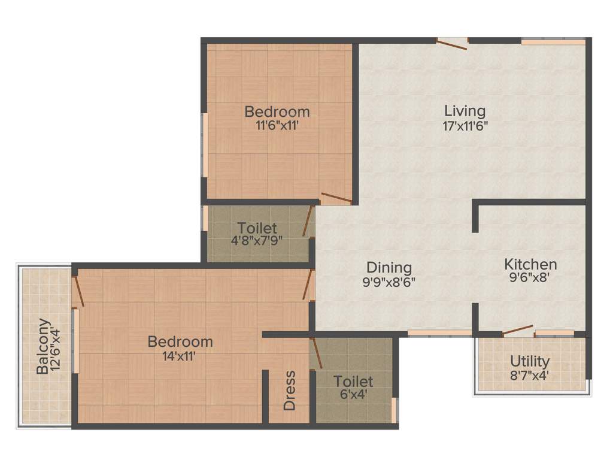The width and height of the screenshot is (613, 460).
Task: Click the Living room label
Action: point(465,111)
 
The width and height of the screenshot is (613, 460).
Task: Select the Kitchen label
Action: point(530,264)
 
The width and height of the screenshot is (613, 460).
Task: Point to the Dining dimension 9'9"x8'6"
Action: point(389,282)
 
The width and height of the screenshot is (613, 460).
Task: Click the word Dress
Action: point(290,391)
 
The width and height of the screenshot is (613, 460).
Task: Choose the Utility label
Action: point(530,362)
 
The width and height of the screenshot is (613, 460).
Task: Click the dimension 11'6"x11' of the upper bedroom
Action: point(277,126)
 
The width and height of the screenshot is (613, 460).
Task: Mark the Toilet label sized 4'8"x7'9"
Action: point(257,228)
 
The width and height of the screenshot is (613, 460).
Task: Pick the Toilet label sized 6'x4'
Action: point(353,382)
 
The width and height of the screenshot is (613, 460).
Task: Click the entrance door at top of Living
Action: point(452,44)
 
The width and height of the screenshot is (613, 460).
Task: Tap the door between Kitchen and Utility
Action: point(518,330)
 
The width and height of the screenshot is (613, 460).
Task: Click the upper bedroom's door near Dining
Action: point(336,198)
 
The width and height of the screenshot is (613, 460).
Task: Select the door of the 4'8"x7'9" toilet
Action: point(308,221)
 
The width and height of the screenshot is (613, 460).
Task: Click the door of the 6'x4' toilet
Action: point(317,353)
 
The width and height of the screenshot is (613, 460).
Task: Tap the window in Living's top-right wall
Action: point(553,42)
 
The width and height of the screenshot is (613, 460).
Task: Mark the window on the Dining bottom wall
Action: point(439,332)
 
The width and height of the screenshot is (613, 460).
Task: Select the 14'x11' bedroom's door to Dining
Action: point(309,285)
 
